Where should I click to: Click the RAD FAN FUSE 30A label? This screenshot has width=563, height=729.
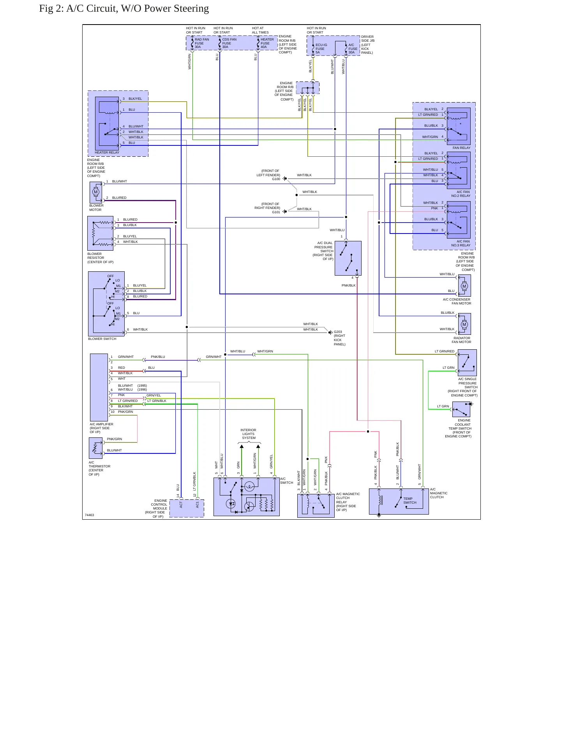tap(202, 43)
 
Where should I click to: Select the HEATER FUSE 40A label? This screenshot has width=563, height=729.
tap(267, 43)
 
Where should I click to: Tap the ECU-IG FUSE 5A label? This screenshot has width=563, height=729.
tap(321, 49)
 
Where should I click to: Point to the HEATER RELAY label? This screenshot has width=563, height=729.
tap(107, 152)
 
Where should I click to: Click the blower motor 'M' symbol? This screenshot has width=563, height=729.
tap(96, 192)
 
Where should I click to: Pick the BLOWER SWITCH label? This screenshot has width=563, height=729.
tap(102, 339)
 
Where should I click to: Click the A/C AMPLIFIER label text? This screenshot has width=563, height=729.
tap(101, 424)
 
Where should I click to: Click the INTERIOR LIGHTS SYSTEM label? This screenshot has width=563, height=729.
tap(248, 434)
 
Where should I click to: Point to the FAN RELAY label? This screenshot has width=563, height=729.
tap(461, 148)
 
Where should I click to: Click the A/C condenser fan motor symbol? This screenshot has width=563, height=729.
tap(464, 286)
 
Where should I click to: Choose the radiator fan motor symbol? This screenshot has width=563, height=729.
tap(464, 324)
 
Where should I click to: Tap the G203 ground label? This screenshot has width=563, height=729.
tap(338, 332)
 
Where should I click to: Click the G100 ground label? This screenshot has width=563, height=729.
tap(276, 179)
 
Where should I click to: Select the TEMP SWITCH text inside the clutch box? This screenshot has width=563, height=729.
tap(410, 501)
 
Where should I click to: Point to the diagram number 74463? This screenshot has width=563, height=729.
tap(89, 515)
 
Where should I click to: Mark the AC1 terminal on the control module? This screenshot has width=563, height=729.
tap(198, 504)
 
